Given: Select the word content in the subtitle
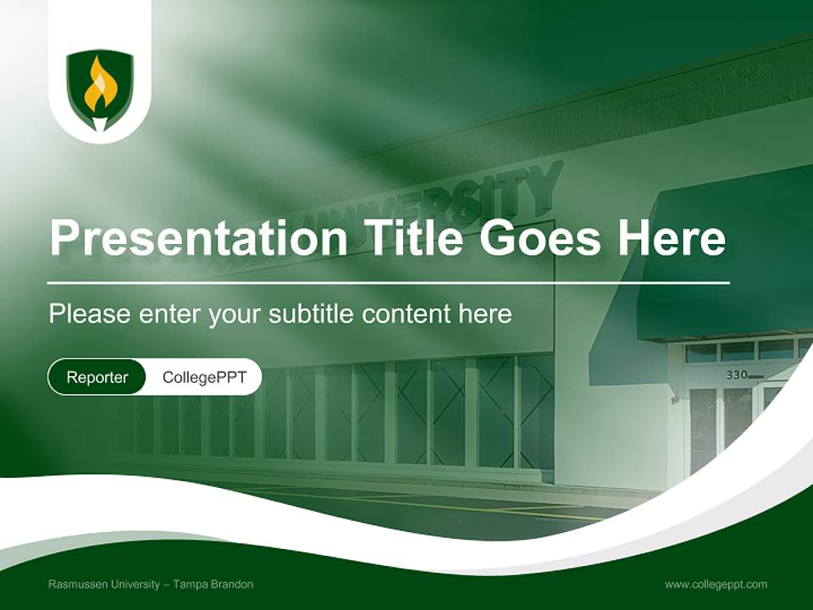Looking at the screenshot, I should [x=406, y=314].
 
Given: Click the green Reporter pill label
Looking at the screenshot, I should [x=97, y=377].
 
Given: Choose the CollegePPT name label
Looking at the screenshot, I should [x=204, y=377].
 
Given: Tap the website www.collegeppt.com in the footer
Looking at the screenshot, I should [x=716, y=585].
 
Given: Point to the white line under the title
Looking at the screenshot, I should [x=389, y=282].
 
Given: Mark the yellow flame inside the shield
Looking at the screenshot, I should [x=100, y=85].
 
